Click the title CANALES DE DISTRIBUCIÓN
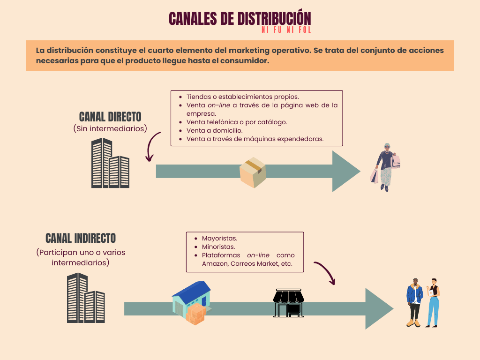coord(240,18)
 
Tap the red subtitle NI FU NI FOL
coord(286,30)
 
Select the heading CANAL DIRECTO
coord(110,117)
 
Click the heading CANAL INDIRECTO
coord(81,238)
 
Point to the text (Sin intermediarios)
coord(110,128)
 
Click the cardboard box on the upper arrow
coord(253,172)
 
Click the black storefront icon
coord(288,302)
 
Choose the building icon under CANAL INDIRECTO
coord(86,298)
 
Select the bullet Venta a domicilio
coord(214,130)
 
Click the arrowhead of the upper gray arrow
coord(345,172)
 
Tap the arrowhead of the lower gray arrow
coord(379,308)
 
